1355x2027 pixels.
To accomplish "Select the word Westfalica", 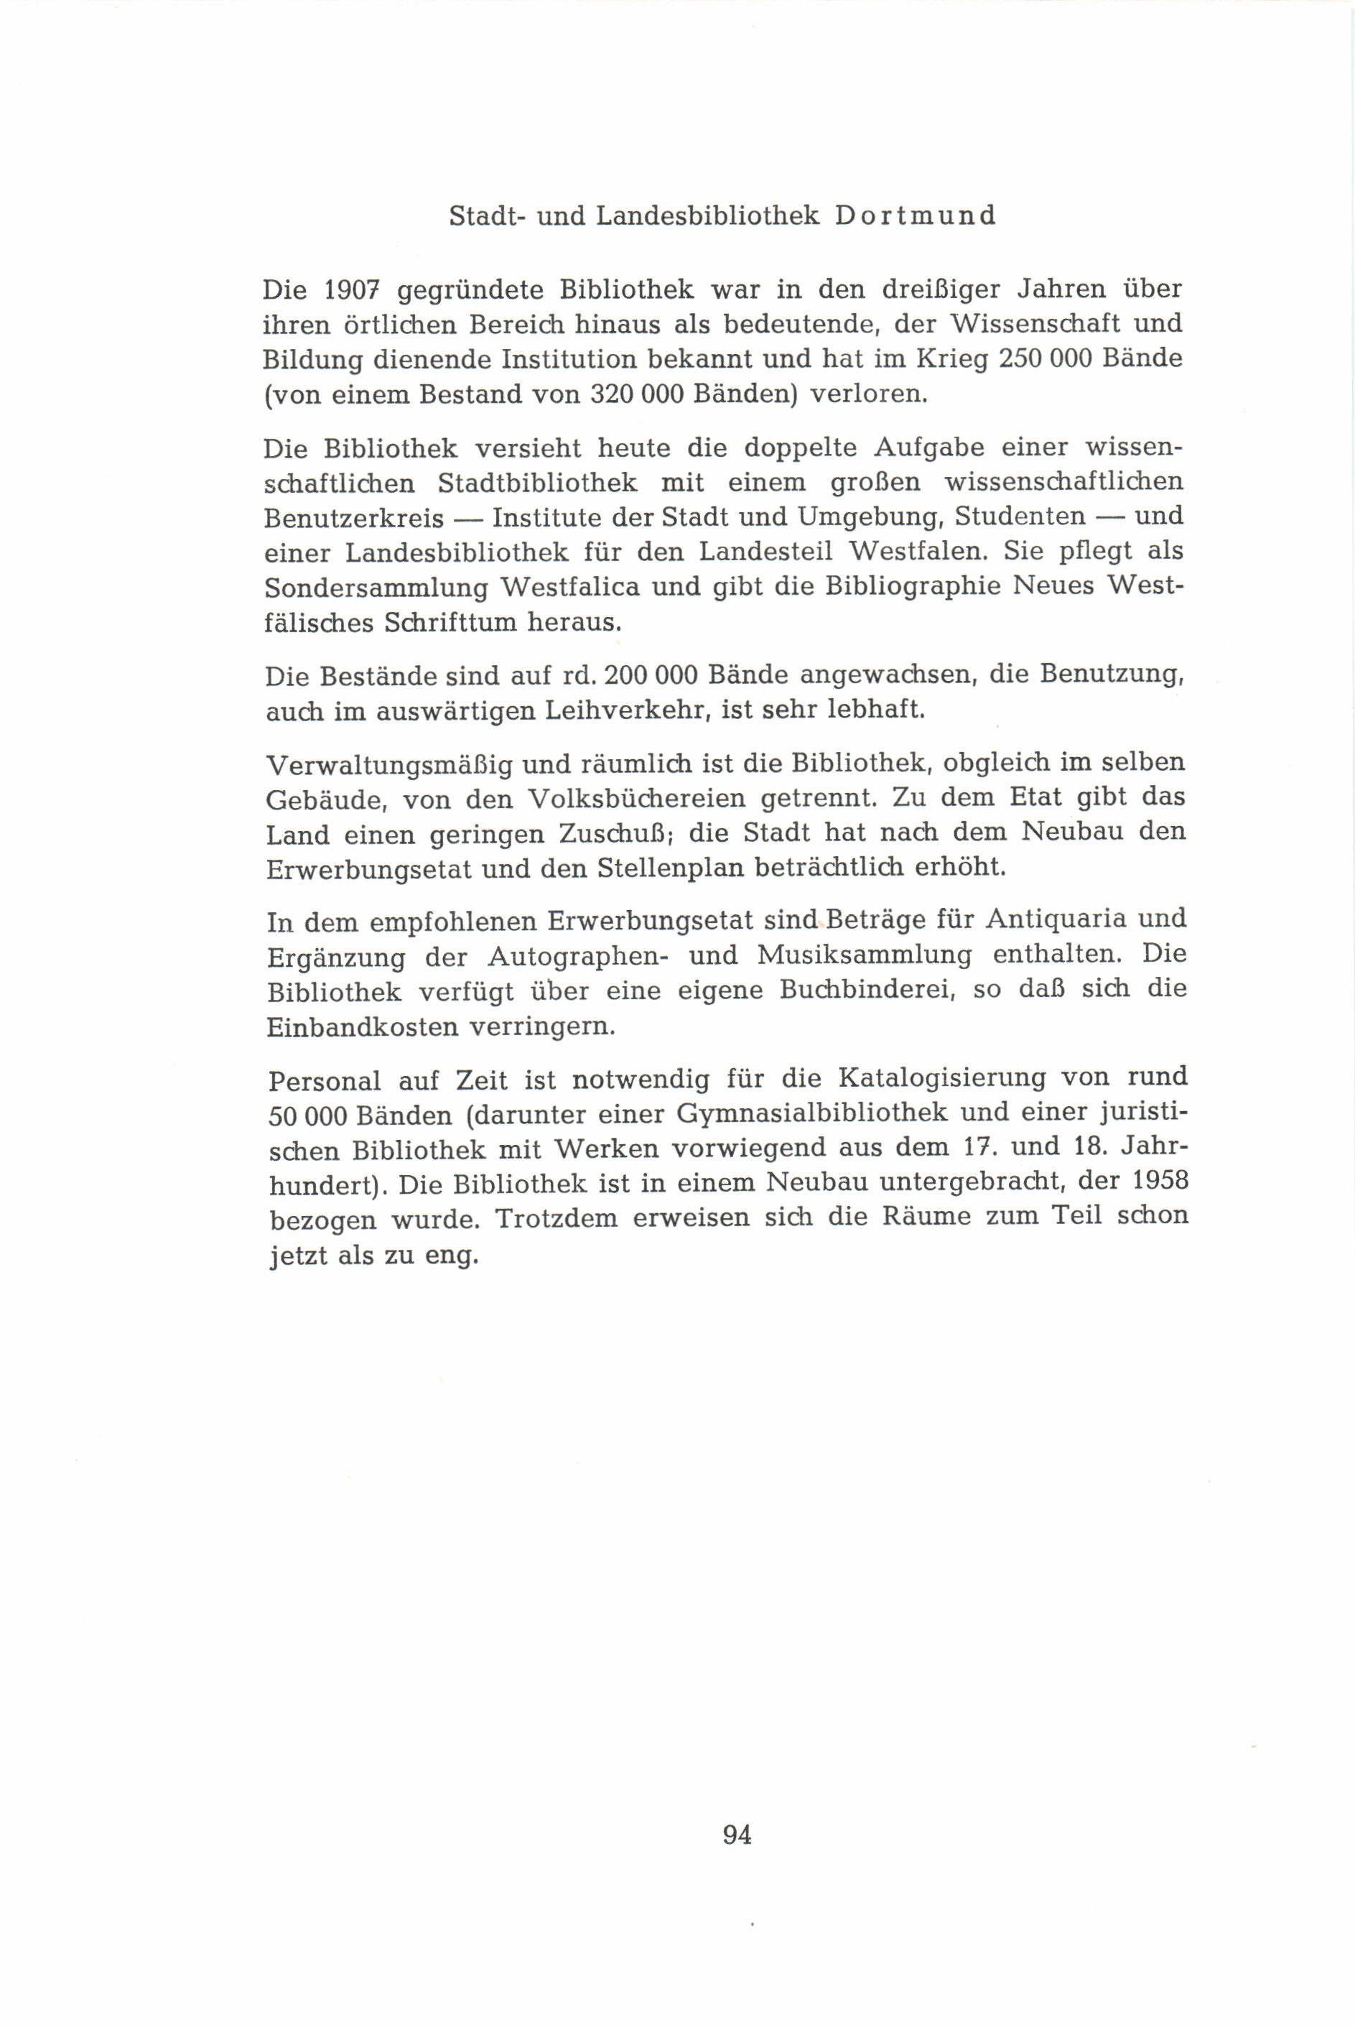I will click(x=570, y=588).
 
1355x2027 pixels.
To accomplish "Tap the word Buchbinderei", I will click(x=866, y=990).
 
